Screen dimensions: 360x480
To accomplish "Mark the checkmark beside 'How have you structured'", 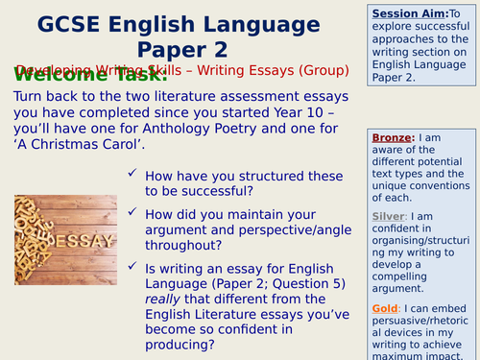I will [x=132, y=174].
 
